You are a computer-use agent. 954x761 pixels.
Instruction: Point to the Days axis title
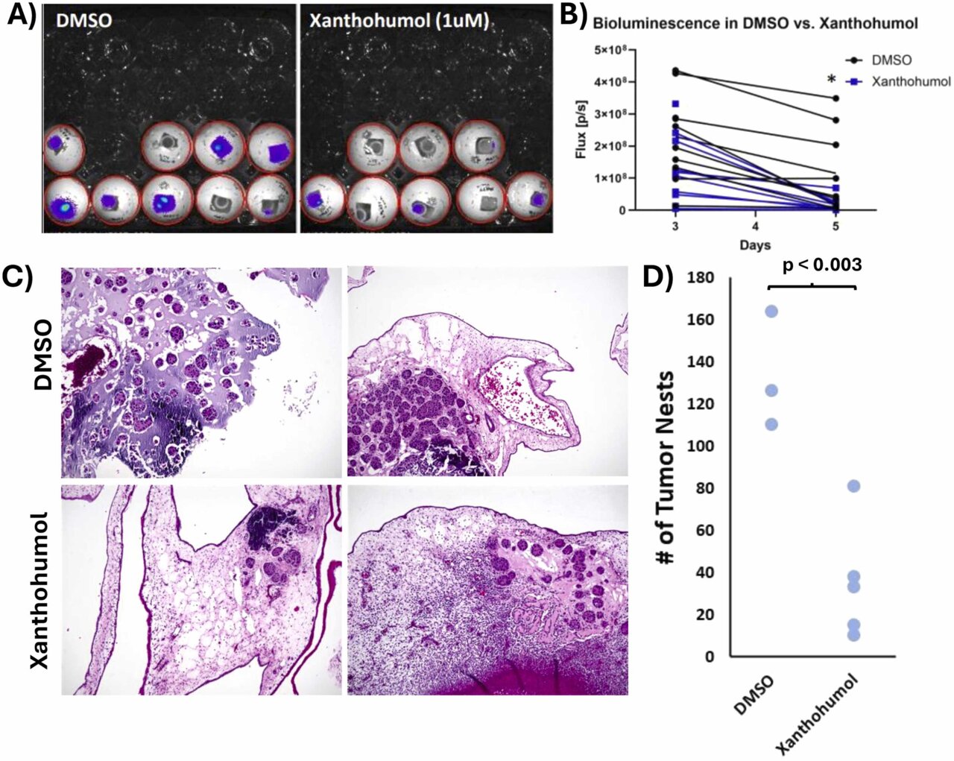click(x=756, y=245)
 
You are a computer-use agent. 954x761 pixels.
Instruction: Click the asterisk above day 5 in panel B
click(x=832, y=80)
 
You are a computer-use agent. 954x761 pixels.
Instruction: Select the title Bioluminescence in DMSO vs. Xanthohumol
click(x=754, y=24)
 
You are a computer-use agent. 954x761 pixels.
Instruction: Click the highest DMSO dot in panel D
click(x=771, y=311)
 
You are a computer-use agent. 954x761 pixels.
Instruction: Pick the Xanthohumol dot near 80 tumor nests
click(x=853, y=486)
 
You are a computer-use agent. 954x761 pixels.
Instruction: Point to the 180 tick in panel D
click(x=703, y=277)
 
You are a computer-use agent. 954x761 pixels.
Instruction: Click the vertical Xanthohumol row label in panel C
click(x=41, y=589)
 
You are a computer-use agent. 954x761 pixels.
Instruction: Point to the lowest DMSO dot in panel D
click(x=771, y=424)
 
